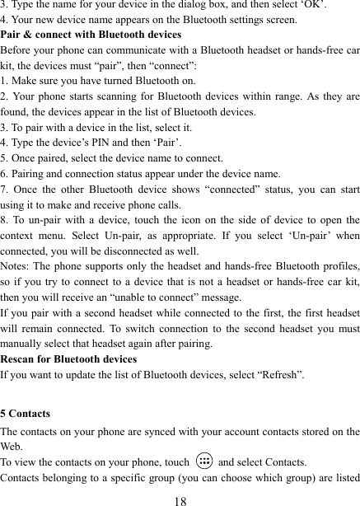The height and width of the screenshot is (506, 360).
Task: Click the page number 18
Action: point(180,497)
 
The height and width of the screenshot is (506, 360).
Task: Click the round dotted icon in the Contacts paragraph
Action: point(203,461)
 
